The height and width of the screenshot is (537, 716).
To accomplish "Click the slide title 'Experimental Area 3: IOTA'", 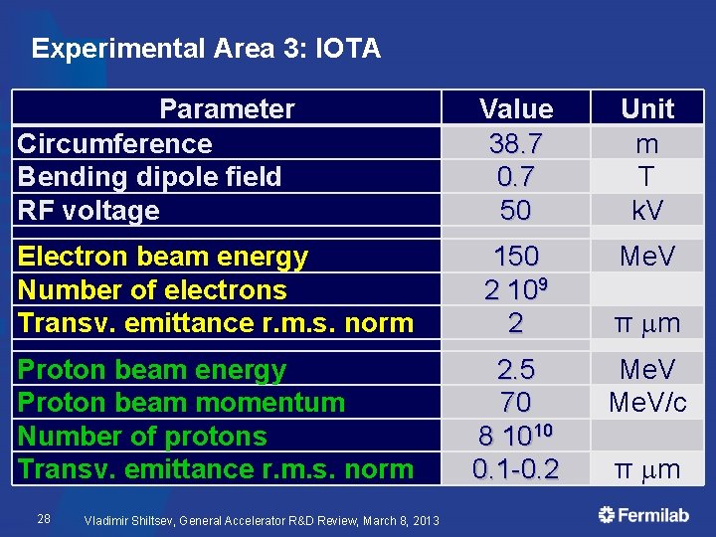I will (206, 48).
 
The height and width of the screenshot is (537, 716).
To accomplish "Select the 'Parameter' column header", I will (227, 109).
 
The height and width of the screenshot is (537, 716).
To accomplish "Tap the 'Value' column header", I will (515, 109).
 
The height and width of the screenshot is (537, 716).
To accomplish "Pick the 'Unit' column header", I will (646, 109).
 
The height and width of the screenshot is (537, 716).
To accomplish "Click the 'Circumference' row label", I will (114, 143).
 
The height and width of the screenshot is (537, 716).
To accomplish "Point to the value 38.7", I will (515, 143).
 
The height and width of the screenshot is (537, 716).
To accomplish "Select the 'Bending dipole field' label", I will (149, 177).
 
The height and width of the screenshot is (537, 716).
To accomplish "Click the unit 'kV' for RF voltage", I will (646, 210).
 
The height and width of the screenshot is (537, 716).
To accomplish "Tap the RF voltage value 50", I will (515, 210).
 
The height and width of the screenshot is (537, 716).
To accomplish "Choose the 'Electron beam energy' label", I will (163, 257).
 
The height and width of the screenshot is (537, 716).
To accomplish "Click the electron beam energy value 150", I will (515, 257).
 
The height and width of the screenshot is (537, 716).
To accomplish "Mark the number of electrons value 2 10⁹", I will (515, 289).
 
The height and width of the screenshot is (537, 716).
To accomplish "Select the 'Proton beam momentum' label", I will (181, 403).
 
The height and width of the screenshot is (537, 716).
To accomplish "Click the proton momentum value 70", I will (515, 403).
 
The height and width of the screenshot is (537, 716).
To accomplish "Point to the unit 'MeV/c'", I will (646, 403).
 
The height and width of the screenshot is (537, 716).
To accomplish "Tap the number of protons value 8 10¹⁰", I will (515, 436).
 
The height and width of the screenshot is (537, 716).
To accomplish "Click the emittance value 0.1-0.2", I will (515, 468).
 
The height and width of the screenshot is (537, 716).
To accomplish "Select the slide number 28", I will (44, 518).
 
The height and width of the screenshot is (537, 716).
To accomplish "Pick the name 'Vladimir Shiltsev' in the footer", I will (132, 519).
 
